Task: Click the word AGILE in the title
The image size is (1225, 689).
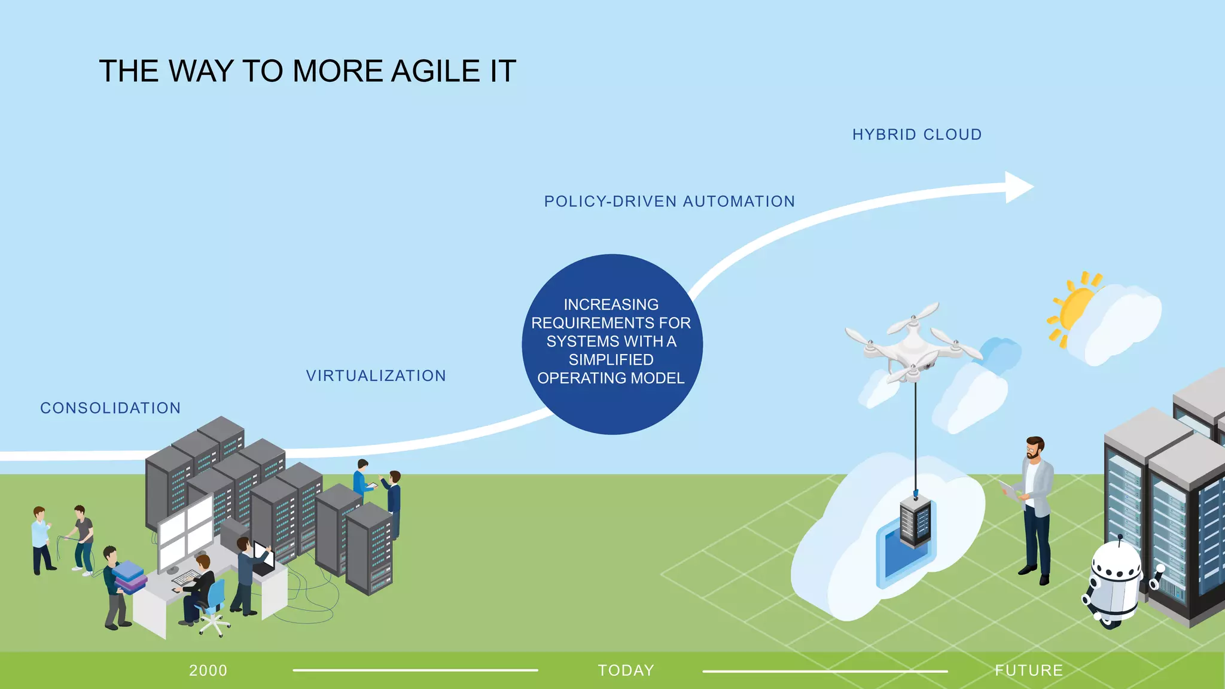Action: tap(435, 71)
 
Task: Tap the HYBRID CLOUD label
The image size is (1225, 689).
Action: tap(916, 135)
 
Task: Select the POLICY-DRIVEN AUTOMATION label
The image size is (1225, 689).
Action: tap(669, 202)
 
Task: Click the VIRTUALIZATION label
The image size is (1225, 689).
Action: tap(376, 376)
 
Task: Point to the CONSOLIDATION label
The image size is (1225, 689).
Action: tap(110, 408)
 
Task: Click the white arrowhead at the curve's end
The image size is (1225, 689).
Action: tap(1018, 187)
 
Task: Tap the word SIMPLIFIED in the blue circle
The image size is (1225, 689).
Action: tap(611, 359)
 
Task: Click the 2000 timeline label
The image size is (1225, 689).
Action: tap(208, 670)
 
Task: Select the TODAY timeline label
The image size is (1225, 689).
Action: tap(626, 670)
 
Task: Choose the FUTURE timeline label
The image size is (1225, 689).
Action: tap(1028, 670)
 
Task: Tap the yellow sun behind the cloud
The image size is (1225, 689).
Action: tap(1075, 308)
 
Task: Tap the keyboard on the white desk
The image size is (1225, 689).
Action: tap(186, 577)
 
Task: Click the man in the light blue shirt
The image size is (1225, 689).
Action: tap(41, 538)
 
